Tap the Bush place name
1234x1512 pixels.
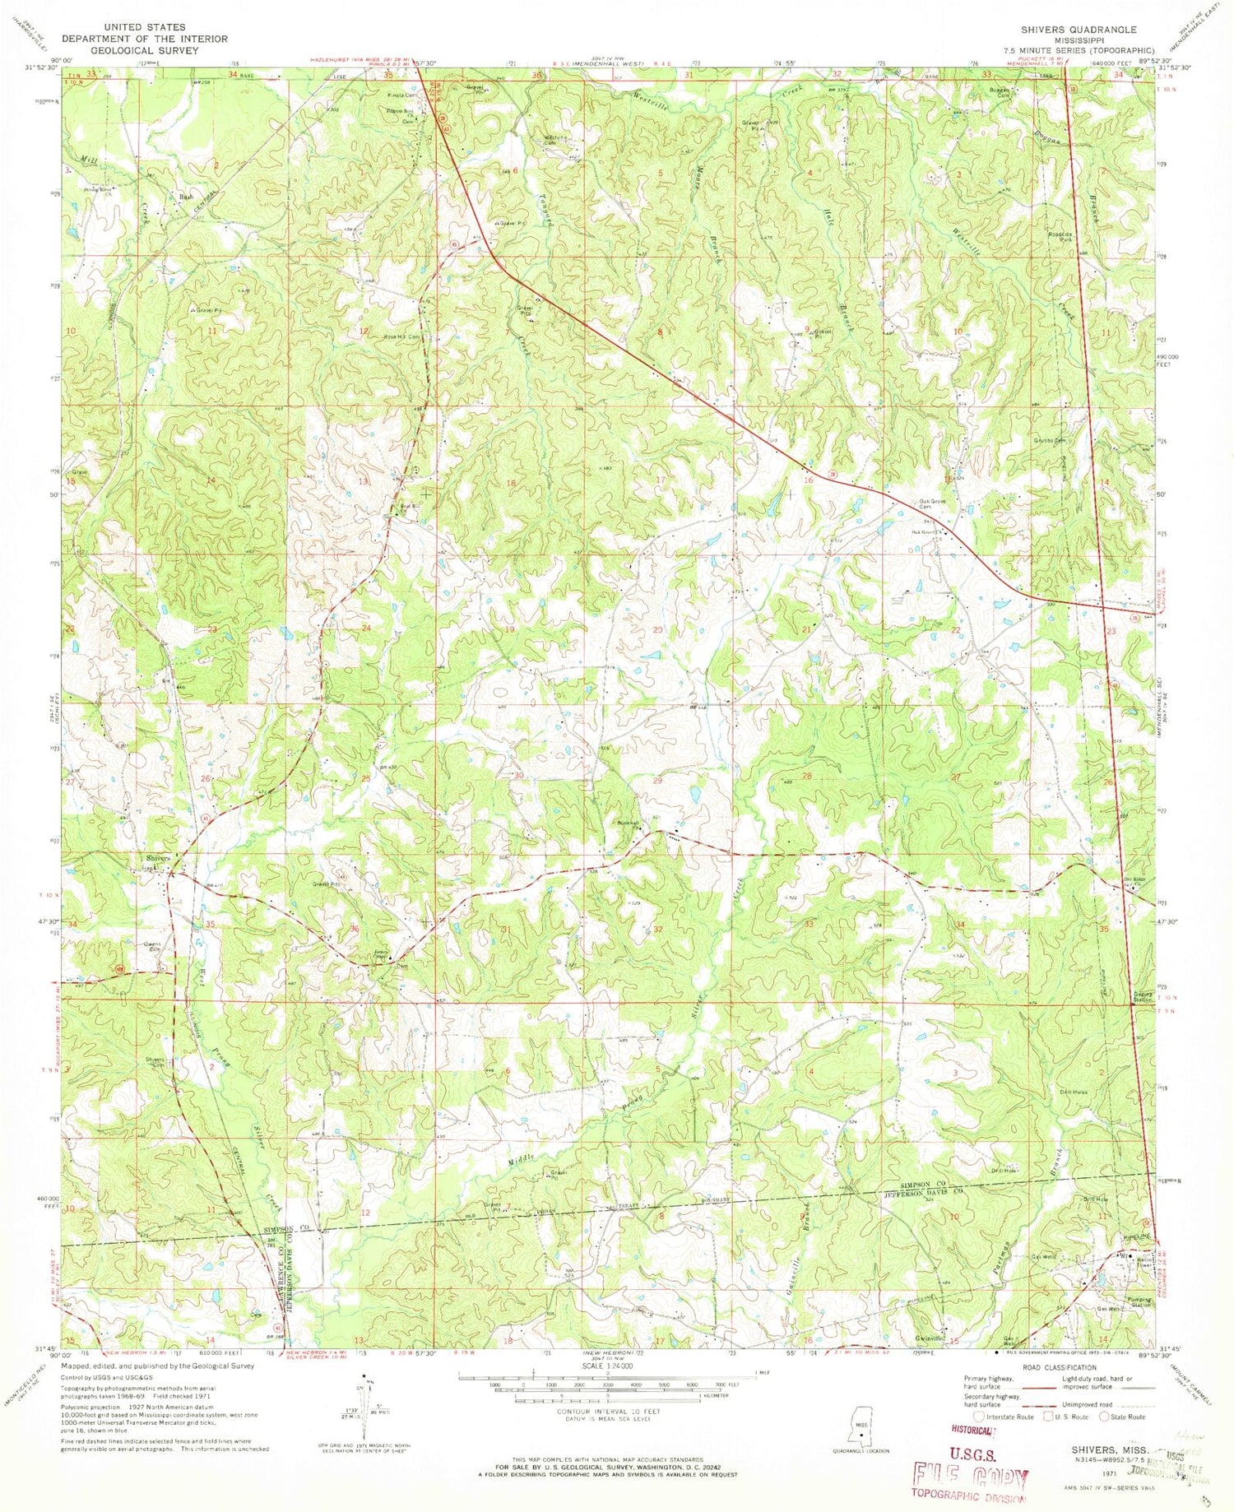(x=186, y=197)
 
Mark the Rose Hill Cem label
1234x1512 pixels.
(x=401, y=336)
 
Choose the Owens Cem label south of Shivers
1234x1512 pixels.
(x=152, y=947)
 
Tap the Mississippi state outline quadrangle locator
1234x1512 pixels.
(x=861, y=1435)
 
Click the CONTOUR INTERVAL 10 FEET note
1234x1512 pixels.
(x=607, y=1411)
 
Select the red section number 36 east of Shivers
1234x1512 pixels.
(x=355, y=929)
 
